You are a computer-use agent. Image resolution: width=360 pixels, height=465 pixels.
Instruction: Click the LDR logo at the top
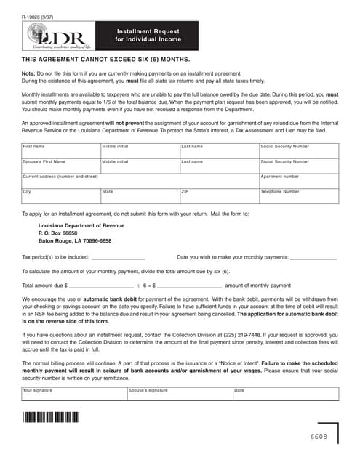pyautogui.click(x=58, y=37)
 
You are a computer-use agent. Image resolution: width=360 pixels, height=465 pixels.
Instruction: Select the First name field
pyautogui.click(x=60, y=153)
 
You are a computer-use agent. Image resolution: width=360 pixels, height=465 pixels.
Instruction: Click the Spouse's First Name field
pyautogui.click(x=60, y=166)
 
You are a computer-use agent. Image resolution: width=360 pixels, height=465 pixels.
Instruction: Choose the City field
pyautogui.click(x=60, y=196)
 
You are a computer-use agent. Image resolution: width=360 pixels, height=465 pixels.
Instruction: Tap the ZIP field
pyautogui.click(x=218, y=196)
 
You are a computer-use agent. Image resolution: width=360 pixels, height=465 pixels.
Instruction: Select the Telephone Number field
pyautogui.click(x=298, y=196)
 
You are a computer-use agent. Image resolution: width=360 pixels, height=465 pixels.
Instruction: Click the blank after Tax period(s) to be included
pyautogui.click(x=119, y=256)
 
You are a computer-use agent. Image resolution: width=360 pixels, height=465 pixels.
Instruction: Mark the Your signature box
pyautogui.click(x=73, y=395)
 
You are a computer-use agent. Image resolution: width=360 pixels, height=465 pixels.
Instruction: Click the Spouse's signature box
pyautogui.click(x=178, y=395)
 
